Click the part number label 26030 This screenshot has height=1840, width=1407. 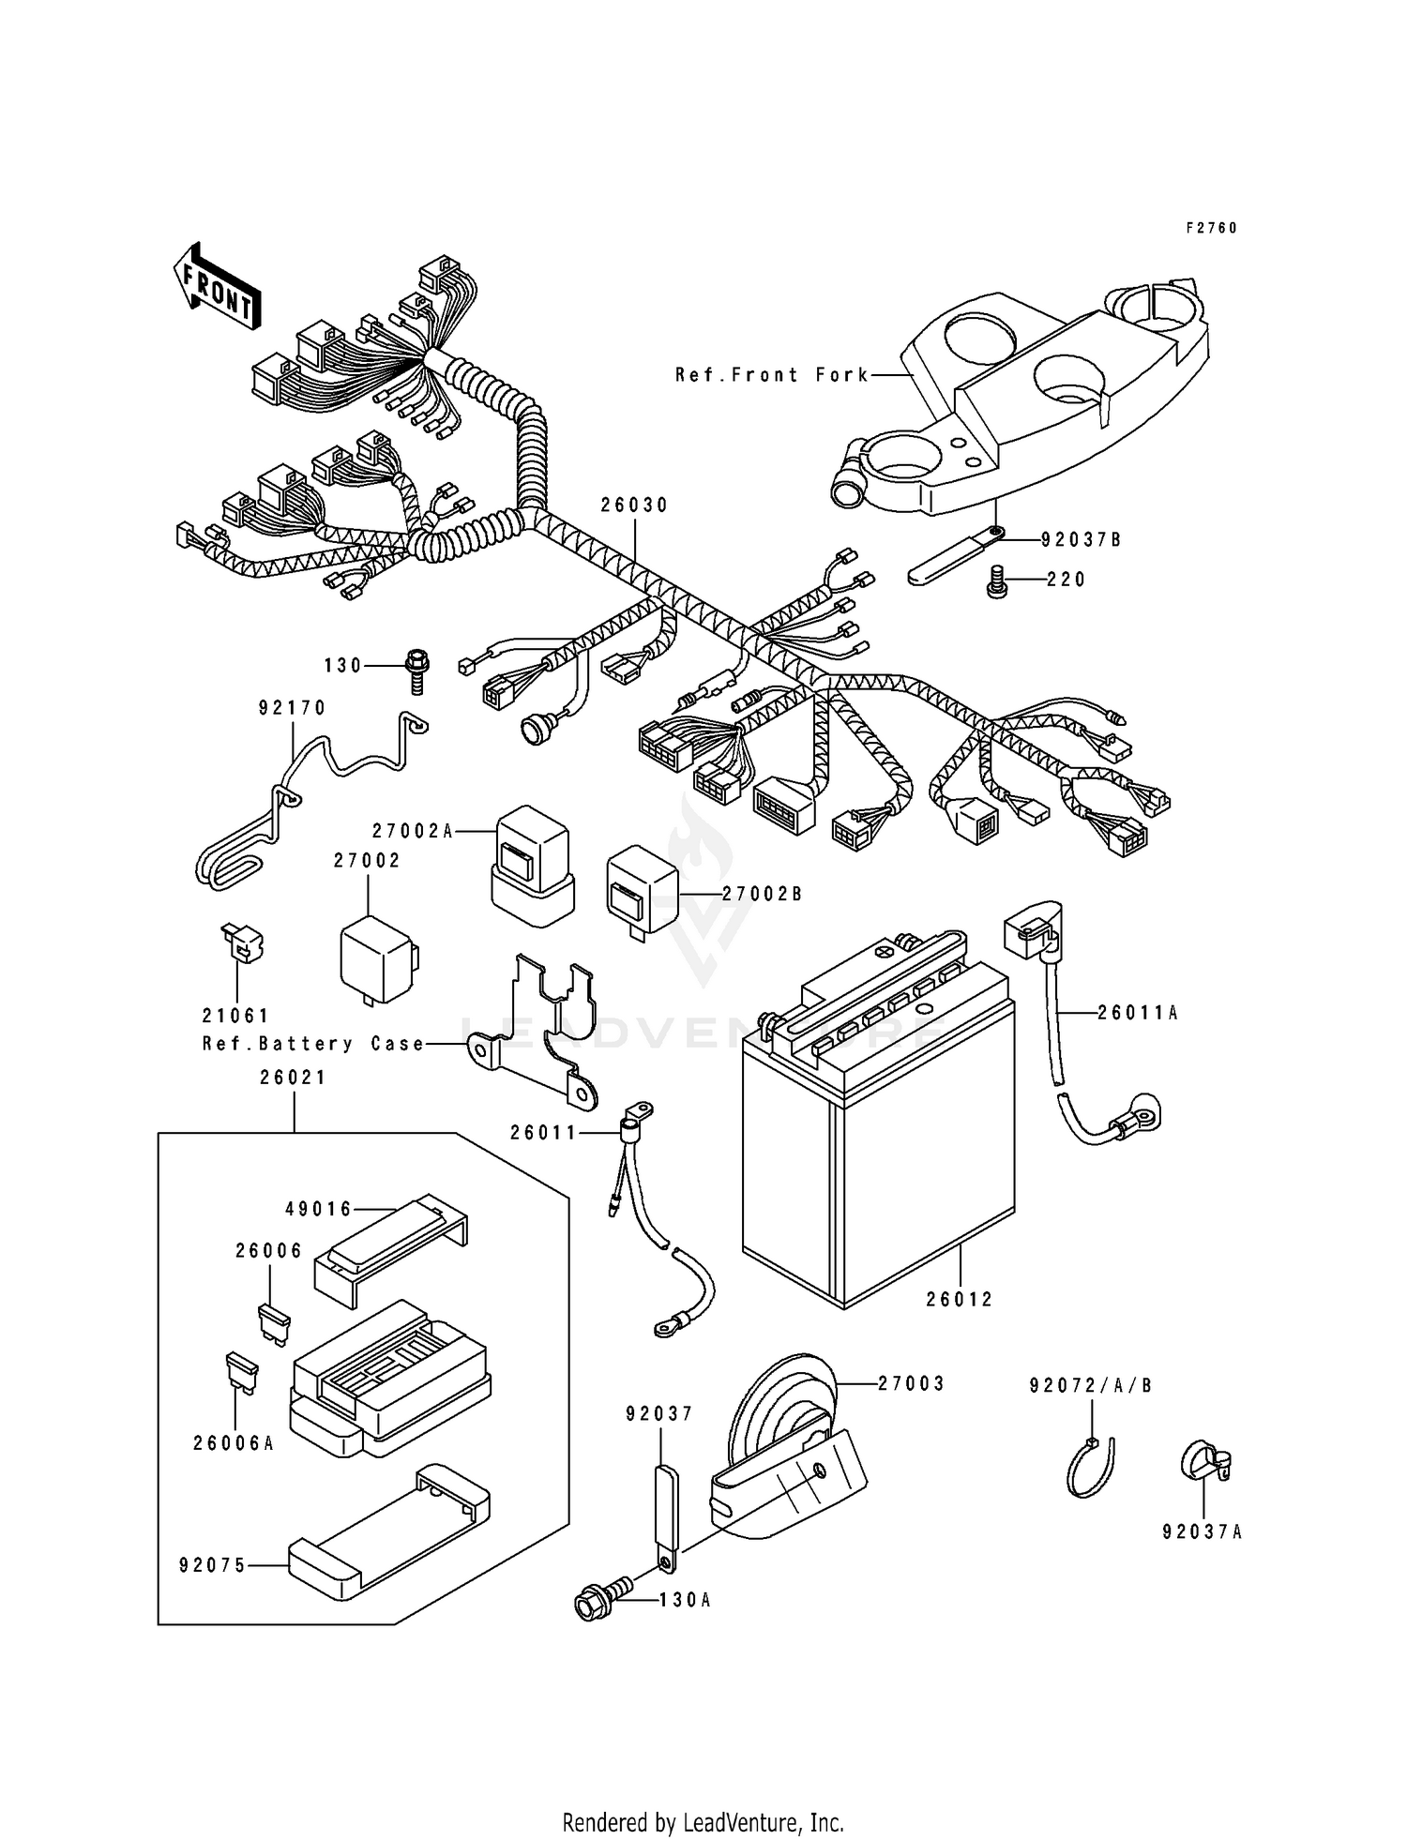(634, 505)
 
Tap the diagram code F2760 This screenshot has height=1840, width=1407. (1211, 228)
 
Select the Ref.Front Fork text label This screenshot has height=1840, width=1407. (772, 375)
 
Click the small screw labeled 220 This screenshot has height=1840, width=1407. (996, 584)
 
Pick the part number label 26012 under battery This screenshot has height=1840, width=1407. (960, 1300)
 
